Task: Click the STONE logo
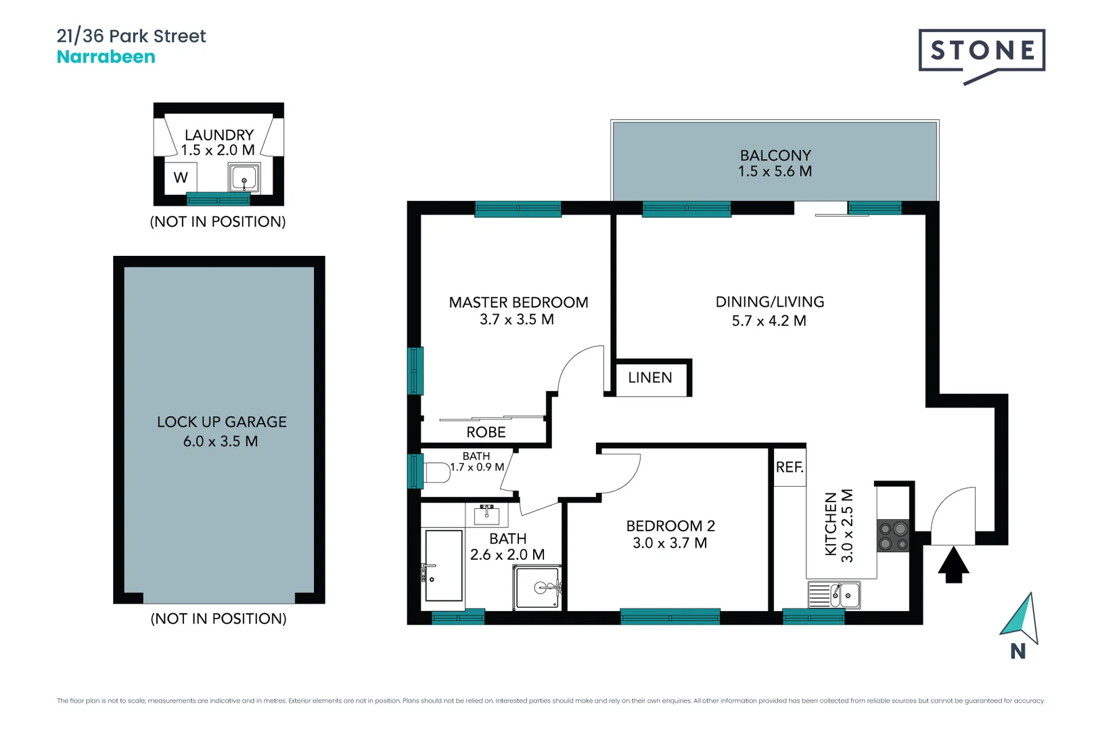coord(981,51)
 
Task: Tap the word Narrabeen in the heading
coord(106,57)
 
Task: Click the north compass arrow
coord(1020,617)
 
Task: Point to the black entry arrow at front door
coord(953,565)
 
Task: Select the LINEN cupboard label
coord(649,378)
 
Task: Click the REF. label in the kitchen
coord(790,467)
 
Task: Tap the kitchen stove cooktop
coord(893,535)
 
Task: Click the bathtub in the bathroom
coord(444,566)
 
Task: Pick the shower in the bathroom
coord(537,588)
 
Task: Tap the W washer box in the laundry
coord(181,178)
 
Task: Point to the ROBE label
coord(486,432)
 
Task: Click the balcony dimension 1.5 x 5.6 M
coord(775,171)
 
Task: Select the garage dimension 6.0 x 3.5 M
coord(221,441)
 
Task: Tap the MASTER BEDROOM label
coord(518,303)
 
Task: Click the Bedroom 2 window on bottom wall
coord(670,616)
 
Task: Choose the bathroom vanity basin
coord(486,516)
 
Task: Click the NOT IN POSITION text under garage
coord(219,619)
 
